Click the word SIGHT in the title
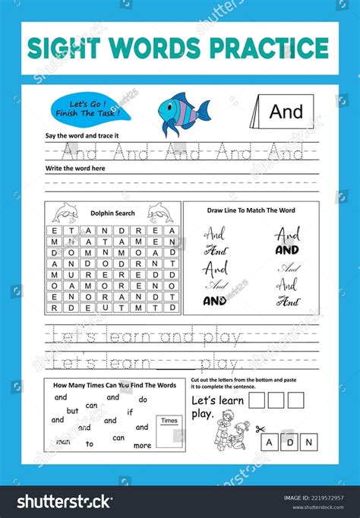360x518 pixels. [64, 48]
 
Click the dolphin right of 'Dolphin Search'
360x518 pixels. [159, 212]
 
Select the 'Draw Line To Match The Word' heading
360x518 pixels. [251, 210]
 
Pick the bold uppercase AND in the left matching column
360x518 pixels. [215, 299]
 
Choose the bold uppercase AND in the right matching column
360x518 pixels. [287, 250]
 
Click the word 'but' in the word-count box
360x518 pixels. [73, 411]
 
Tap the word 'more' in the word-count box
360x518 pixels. [142, 445]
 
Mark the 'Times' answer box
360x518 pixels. [169, 430]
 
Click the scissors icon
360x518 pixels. [261, 428]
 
